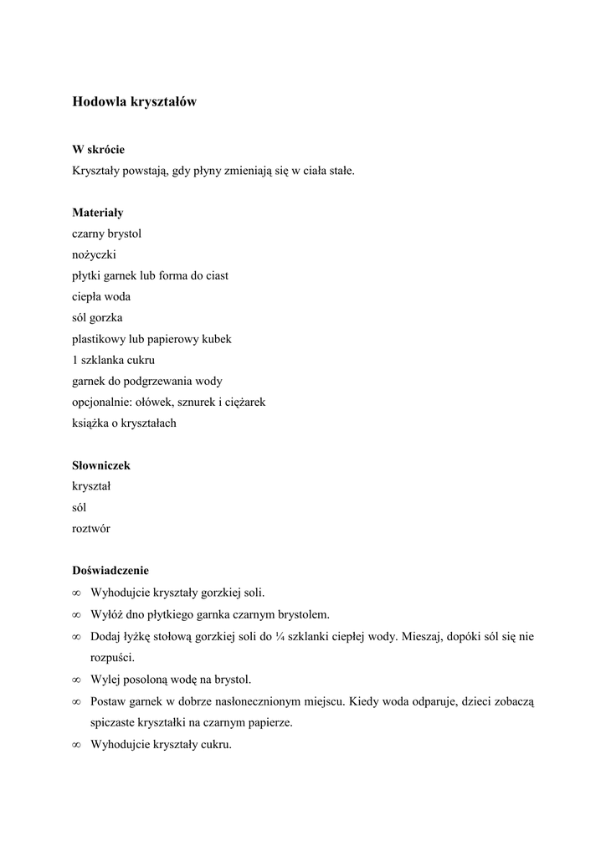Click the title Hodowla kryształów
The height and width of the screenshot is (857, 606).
(134, 102)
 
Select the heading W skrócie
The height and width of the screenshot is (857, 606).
(98, 150)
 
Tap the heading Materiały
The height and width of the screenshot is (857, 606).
(97, 213)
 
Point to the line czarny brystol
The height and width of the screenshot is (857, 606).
(112, 233)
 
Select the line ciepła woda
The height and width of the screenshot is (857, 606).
(101, 296)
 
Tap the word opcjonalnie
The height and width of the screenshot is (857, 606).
(103, 403)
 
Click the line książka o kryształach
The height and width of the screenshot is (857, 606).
(124, 423)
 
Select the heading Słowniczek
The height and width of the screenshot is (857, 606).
(100, 465)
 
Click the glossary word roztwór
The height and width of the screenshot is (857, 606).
(91, 529)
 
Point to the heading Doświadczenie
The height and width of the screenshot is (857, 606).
(110, 571)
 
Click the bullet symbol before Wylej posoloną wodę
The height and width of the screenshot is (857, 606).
(76, 680)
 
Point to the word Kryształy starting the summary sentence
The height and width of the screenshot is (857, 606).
(97, 171)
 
